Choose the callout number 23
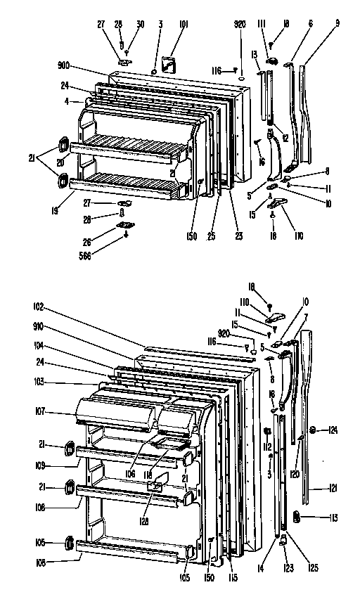coord(238,236)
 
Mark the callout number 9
coord(337,24)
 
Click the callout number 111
coord(261,24)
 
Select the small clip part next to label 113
coord(297,517)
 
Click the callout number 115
coord(233,577)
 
